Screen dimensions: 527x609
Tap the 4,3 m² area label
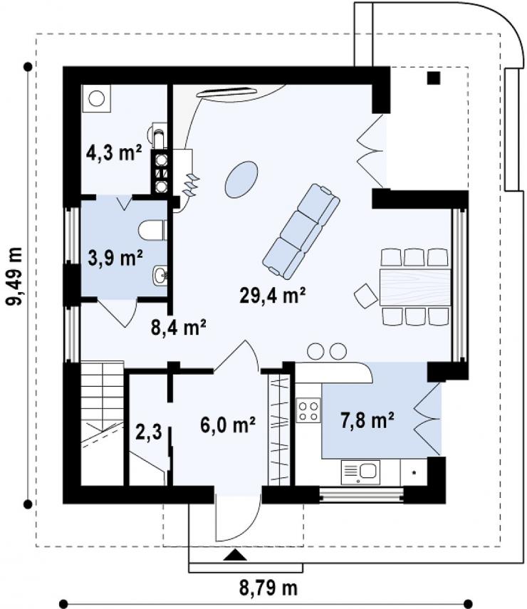point(113,152)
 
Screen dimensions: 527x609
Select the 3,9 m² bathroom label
point(115,258)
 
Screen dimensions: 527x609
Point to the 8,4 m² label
point(178,328)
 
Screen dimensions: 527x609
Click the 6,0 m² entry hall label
point(228,425)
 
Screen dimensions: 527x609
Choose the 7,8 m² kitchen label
point(367,420)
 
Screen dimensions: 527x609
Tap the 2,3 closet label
point(149,432)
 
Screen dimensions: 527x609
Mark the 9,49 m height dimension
point(16,276)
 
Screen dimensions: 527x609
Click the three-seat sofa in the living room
point(301,231)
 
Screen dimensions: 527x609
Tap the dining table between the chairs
point(415,286)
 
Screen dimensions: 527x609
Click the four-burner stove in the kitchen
point(308,410)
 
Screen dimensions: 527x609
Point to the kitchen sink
point(360,472)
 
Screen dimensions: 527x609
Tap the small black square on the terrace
point(434,78)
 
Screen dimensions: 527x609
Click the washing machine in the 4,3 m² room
point(96,99)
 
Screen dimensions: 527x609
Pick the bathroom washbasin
point(160,276)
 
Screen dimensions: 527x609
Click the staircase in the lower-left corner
point(102,423)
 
